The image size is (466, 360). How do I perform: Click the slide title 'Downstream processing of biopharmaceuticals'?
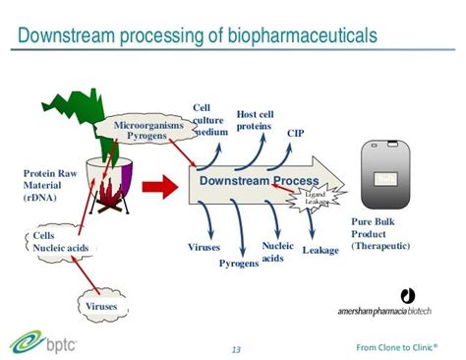(x=198, y=36)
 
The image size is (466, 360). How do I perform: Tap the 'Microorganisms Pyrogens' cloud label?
(x=147, y=132)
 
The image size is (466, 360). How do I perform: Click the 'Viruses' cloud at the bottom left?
(x=101, y=306)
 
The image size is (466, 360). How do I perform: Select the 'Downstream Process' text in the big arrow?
(x=259, y=182)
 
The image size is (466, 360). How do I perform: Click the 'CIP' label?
(x=296, y=133)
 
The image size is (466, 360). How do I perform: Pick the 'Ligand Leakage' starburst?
(x=316, y=198)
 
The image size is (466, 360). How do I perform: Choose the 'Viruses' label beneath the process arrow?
(x=204, y=248)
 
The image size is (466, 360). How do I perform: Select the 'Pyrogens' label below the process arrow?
(x=238, y=264)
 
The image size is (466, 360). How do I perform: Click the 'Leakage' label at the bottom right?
(x=320, y=251)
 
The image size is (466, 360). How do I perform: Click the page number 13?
(x=236, y=349)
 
